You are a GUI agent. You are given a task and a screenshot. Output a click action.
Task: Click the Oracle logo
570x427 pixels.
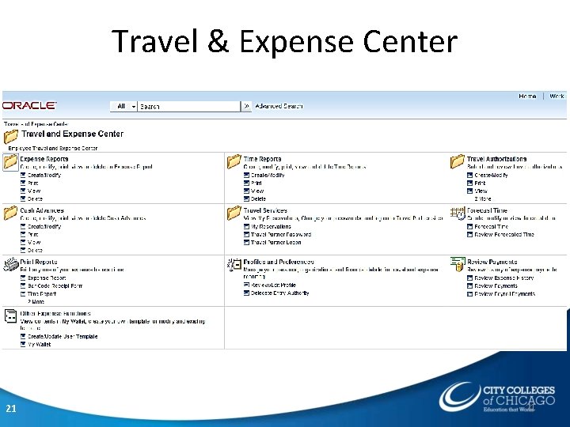(29, 105)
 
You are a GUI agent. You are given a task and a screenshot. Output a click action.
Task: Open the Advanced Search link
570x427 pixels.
(279, 106)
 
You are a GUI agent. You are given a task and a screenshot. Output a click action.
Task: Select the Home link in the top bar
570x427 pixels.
(527, 96)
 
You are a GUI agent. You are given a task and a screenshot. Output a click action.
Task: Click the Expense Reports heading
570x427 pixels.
(44, 159)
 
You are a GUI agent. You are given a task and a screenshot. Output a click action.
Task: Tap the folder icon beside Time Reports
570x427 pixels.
(234, 162)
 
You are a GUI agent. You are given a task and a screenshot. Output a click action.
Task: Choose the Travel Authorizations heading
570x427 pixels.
(496, 159)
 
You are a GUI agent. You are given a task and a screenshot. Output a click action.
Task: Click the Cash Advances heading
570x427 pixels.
(43, 210)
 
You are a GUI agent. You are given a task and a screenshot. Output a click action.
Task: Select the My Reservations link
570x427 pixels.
(271, 226)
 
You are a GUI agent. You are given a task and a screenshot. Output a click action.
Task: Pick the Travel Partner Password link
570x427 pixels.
(280, 234)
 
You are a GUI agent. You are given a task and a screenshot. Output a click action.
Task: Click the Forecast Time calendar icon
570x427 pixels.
(457, 213)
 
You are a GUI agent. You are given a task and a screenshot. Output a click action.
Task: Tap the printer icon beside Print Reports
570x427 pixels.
(10, 265)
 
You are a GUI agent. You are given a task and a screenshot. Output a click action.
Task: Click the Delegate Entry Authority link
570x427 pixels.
(279, 293)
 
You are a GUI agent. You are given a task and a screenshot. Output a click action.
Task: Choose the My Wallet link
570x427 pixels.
(40, 345)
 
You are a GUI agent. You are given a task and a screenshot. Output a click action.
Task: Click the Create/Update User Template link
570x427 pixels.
(63, 337)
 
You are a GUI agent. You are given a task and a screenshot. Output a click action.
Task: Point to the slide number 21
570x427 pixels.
(11, 409)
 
